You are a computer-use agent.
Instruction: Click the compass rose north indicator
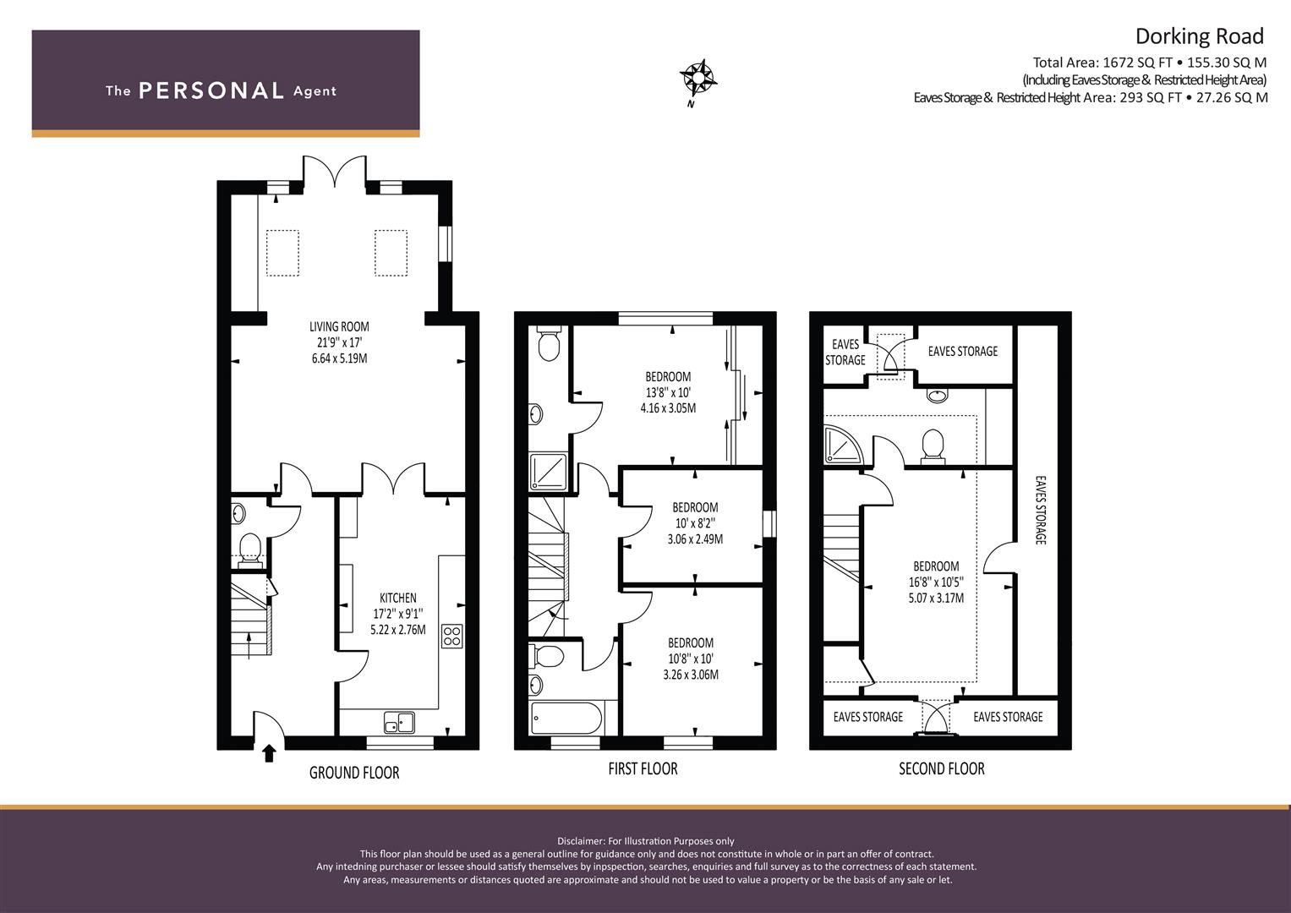click(697, 80)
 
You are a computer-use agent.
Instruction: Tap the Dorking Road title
click(1200, 36)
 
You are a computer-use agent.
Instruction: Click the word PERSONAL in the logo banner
click(211, 90)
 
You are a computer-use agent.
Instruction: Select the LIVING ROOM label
click(339, 327)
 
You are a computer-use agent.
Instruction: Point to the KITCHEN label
click(397, 598)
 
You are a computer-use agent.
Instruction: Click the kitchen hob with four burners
click(451, 636)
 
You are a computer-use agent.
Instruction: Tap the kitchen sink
click(399, 722)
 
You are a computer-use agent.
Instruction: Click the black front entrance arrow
click(269, 752)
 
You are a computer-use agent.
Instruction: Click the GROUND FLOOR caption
click(354, 773)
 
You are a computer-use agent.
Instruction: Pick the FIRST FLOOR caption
click(643, 768)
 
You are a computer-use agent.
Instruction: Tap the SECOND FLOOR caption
click(942, 768)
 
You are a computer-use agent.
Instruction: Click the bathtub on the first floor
click(566, 719)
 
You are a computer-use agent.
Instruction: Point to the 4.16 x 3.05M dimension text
click(668, 408)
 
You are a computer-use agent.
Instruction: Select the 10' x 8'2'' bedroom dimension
click(695, 523)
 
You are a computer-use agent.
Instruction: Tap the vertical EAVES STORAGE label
click(1040, 510)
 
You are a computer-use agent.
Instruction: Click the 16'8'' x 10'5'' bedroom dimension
click(936, 582)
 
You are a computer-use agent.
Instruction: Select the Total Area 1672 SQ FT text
click(1102, 63)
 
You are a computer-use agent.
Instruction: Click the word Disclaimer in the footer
click(581, 841)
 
